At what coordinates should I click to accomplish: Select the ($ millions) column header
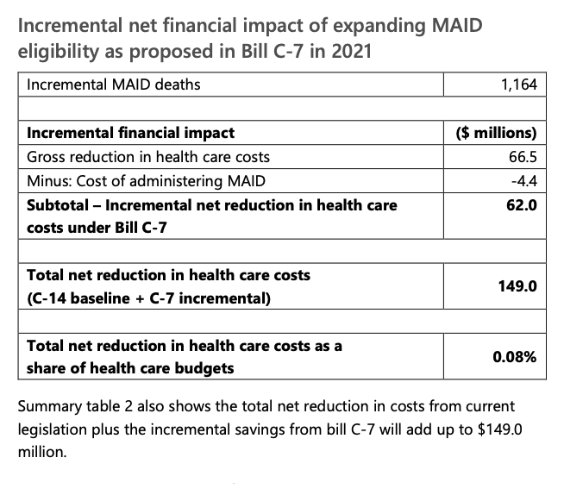[495, 134]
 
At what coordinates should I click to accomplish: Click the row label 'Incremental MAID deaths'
[103, 85]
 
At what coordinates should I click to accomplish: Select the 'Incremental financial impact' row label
[130, 134]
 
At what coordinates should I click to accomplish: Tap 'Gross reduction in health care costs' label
[147, 157]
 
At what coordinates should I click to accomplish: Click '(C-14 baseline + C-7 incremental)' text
[148, 299]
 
